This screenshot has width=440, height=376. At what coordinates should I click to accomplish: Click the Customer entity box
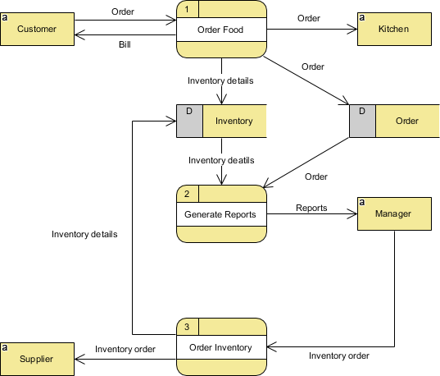pos(37,30)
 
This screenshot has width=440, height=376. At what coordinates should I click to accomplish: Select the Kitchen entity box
pos(393,30)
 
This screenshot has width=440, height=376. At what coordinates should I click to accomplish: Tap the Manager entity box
pos(393,214)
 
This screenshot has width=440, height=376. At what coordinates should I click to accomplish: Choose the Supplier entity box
pos(37,358)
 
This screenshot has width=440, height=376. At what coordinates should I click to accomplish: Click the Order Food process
pos(222,30)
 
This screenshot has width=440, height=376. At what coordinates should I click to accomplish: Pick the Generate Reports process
pos(222,214)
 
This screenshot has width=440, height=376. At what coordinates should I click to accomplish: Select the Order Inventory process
pos(222,347)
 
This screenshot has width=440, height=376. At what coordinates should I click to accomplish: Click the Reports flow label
pos(311,208)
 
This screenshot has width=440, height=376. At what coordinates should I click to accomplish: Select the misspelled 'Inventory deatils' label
pos(221,160)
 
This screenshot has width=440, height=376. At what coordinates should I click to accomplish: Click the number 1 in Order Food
pos(187,9)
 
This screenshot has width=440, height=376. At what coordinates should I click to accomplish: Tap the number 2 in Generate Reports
pos(187,194)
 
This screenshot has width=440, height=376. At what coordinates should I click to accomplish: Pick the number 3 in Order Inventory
pos(187,327)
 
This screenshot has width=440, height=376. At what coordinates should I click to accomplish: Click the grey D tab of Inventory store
pos(189,122)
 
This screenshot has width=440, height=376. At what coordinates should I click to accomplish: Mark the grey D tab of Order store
pos(362,122)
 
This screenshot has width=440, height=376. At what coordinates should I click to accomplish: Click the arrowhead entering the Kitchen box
pos(354,30)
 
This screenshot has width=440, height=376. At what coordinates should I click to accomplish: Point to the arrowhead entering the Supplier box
pos(79,358)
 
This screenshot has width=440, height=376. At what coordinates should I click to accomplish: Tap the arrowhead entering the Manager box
pos(354,215)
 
